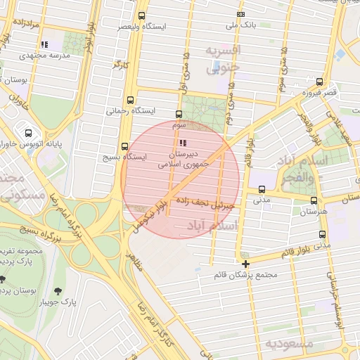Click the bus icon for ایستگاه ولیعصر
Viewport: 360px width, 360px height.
tap(142, 15)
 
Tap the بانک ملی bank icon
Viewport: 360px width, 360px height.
tap(241, 14)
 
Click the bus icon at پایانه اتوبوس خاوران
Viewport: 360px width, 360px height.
tap(28, 132)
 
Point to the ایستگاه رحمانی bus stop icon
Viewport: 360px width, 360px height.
tap(130, 100)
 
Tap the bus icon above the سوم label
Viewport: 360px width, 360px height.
tap(178, 114)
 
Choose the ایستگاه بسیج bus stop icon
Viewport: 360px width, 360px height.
tap(124, 147)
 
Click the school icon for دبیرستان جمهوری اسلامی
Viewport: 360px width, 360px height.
tap(174, 143)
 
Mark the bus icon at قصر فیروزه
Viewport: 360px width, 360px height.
tap(320, 82)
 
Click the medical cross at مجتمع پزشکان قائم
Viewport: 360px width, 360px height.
tap(245, 264)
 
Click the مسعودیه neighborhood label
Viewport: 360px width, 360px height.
tap(289, 342)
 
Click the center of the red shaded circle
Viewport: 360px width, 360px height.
tap(181, 179)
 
